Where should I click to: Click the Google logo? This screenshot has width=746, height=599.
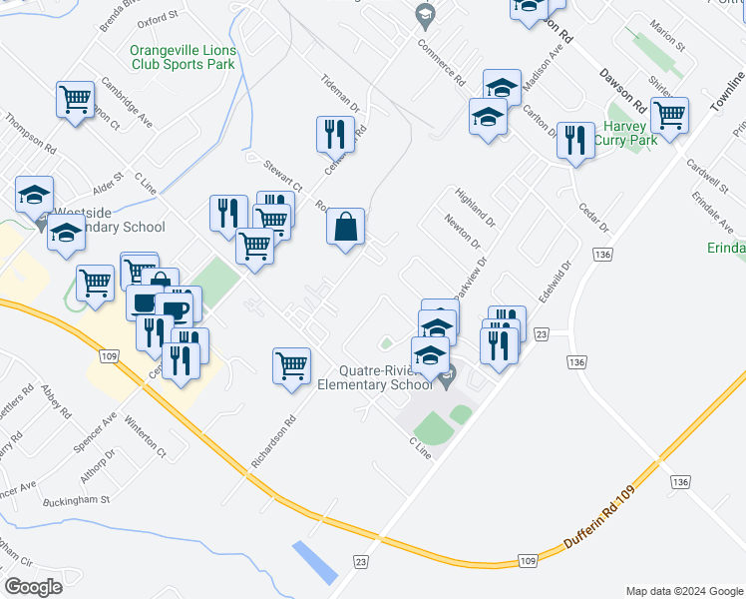click(x=33, y=587)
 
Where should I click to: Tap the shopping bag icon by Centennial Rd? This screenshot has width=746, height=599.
click(x=344, y=227)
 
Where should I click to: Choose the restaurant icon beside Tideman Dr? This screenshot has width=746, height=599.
click(x=335, y=134)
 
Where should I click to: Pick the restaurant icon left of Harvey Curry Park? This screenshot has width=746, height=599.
click(x=573, y=140)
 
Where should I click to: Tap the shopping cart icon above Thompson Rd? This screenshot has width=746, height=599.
click(x=75, y=99)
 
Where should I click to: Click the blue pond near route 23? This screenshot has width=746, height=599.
click(x=314, y=562)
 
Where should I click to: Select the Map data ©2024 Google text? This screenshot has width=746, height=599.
click(x=684, y=591)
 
